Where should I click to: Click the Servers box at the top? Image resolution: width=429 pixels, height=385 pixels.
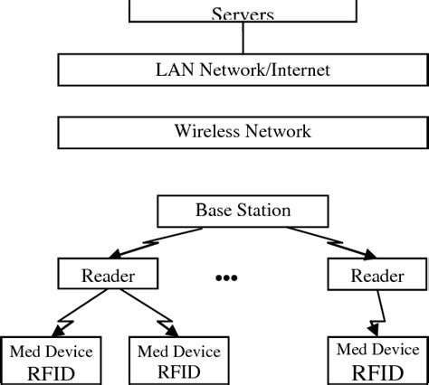(243, 12)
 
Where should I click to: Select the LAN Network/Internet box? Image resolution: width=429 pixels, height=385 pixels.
(243, 69)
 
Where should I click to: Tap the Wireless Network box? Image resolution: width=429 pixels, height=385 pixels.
(243, 131)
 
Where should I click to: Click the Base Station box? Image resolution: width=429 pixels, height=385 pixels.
(243, 211)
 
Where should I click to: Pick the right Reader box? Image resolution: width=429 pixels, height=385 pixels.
(377, 276)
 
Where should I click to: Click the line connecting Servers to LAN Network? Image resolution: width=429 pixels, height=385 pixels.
(243, 39)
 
